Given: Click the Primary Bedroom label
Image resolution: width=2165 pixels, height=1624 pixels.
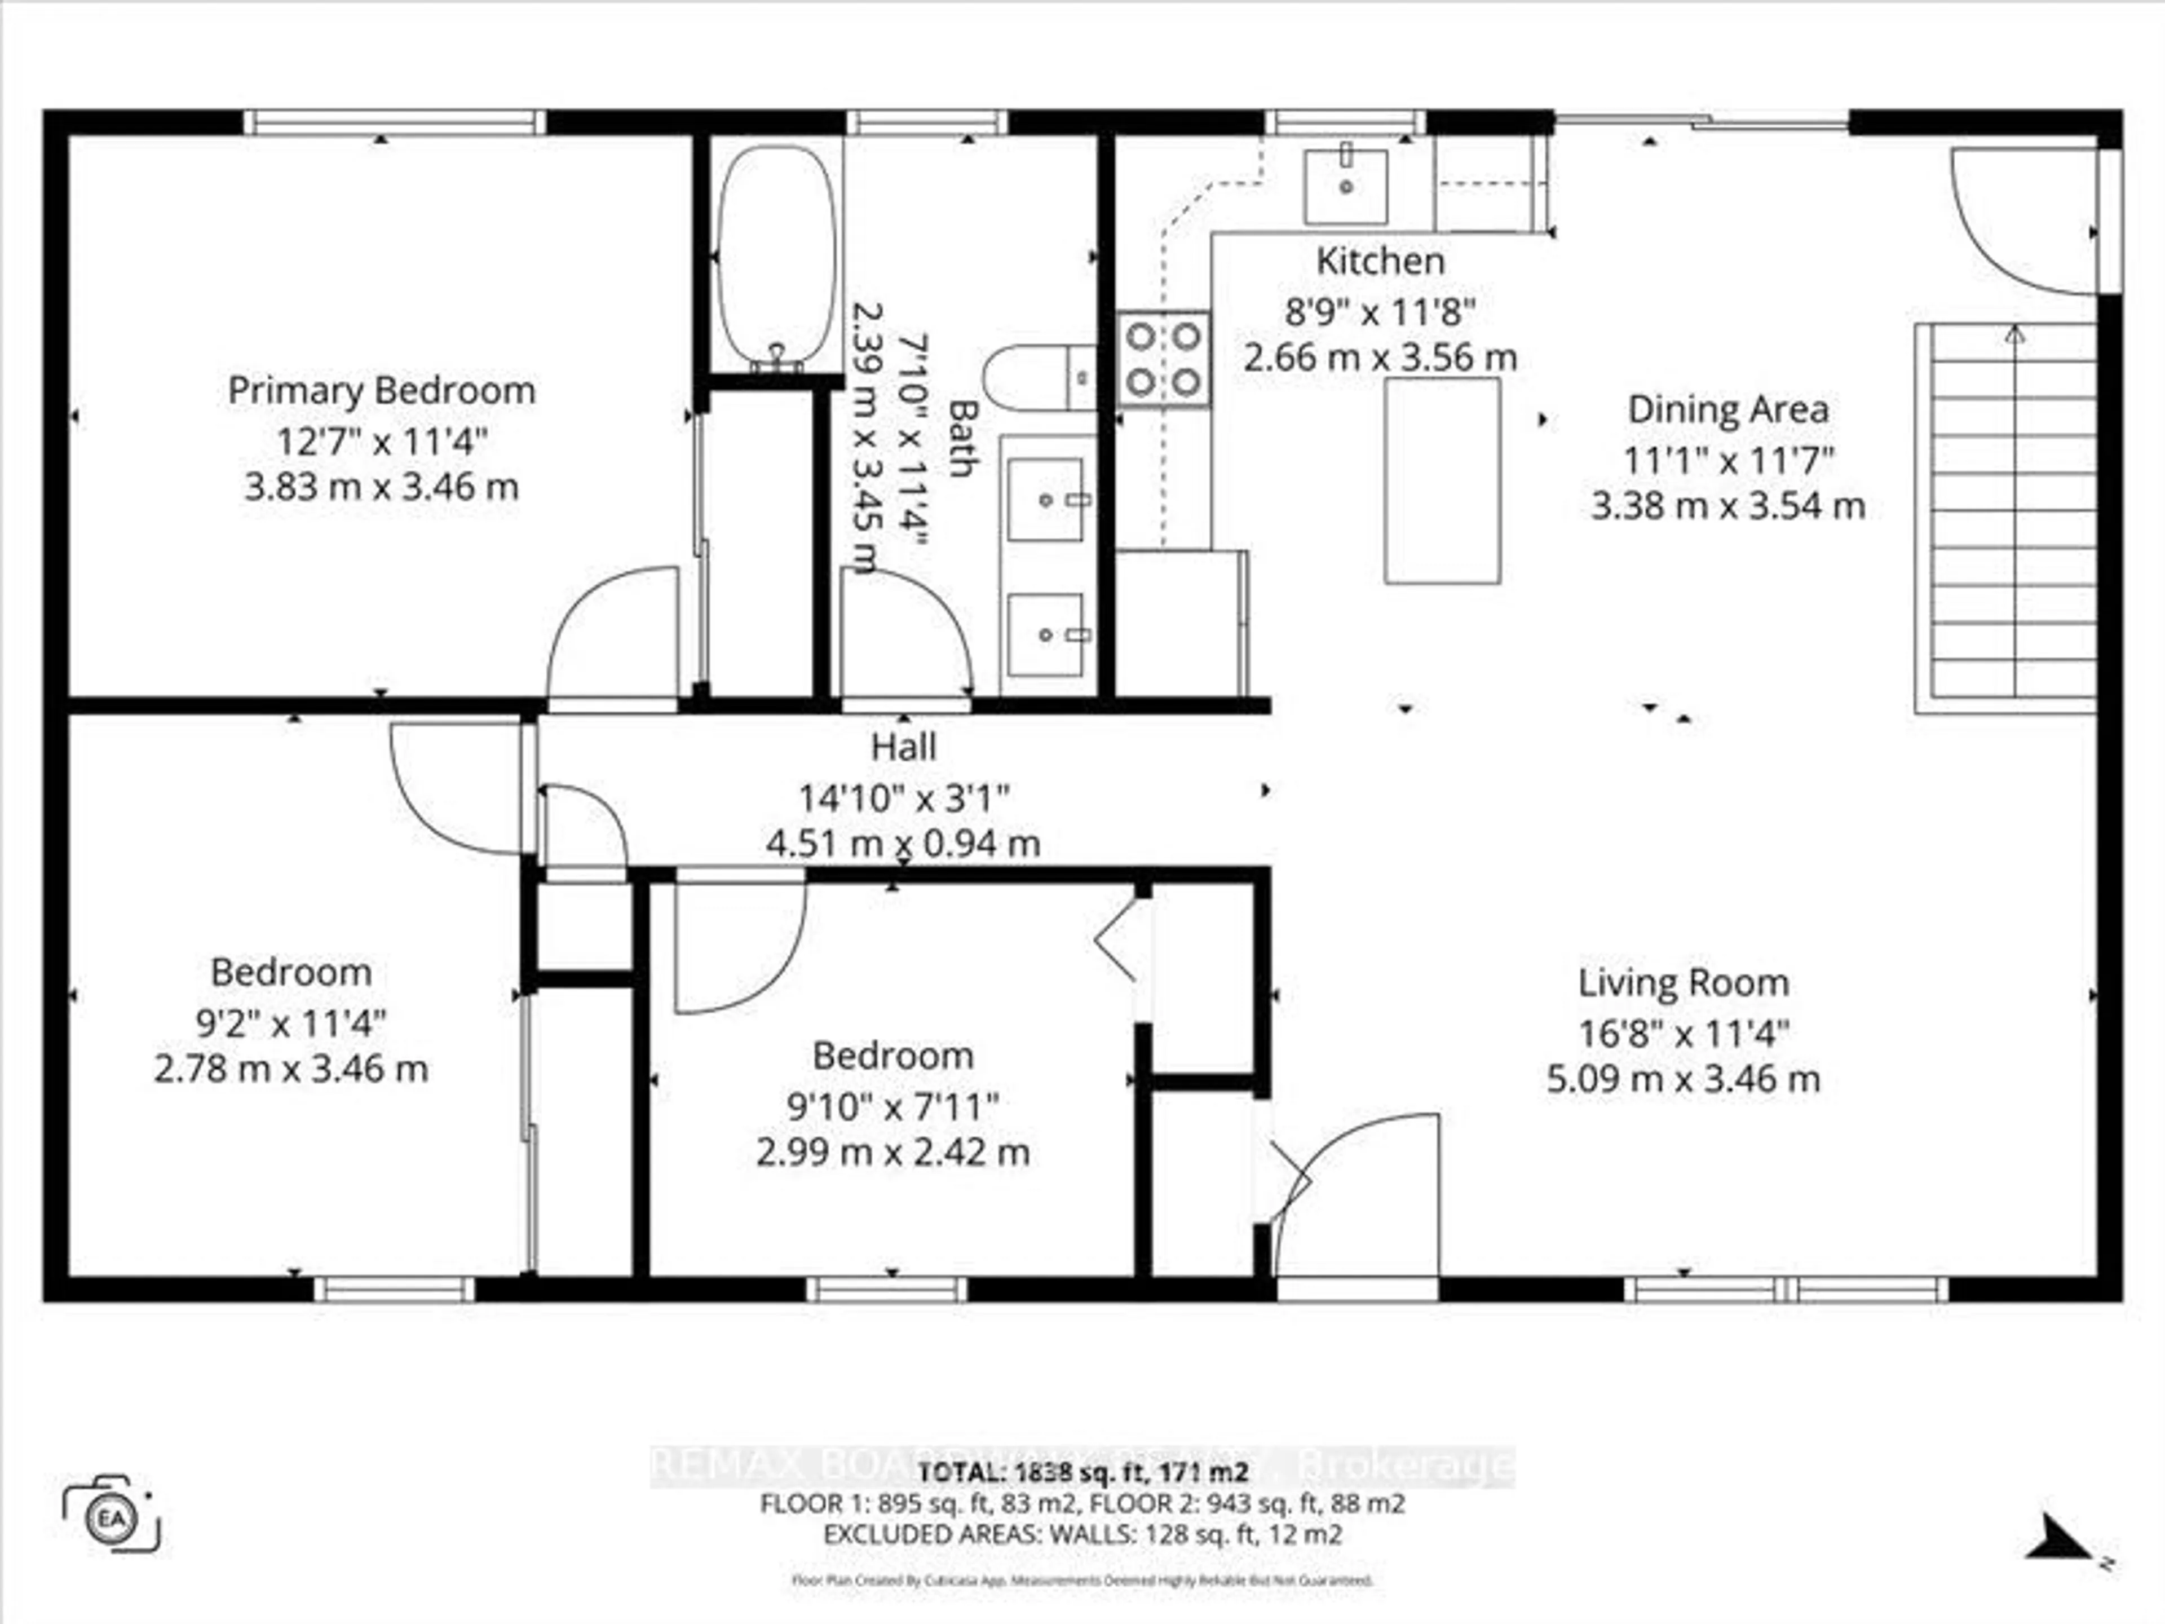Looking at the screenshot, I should [382, 391].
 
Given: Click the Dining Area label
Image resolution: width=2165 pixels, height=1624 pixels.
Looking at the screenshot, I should [1727, 409].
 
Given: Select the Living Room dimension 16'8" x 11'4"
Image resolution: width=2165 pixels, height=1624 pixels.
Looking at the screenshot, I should [1684, 1032].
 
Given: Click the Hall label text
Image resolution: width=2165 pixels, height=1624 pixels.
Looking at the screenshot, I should [903, 747].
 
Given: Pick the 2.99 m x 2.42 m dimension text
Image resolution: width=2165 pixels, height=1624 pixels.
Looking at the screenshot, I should [892, 1152].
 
